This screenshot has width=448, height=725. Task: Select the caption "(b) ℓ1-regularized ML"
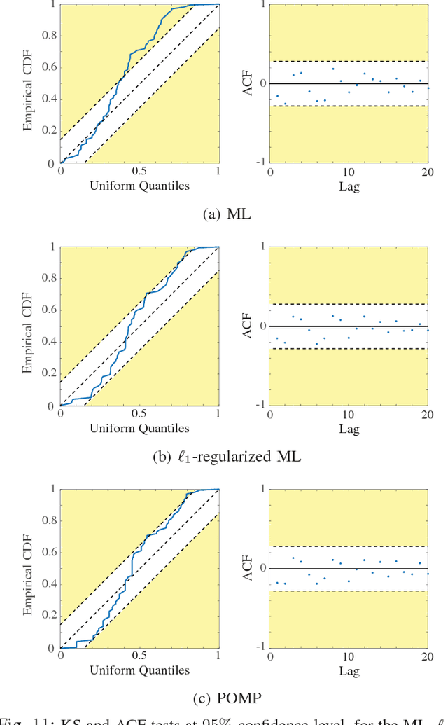[x=227, y=457]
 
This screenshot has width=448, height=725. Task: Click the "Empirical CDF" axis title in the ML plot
[x=27, y=84]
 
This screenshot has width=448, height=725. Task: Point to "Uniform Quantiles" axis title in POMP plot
[x=139, y=670]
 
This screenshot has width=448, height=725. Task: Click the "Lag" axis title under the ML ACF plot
[x=349, y=186]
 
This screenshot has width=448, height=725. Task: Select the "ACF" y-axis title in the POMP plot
[x=247, y=568]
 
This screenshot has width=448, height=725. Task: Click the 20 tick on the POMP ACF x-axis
[x=426, y=656]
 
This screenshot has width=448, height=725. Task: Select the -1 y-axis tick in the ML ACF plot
[x=260, y=163]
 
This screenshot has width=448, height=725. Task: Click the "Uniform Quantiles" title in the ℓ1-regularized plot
[x=139, y=428]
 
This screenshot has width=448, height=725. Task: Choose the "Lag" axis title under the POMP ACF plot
[x=349, y=670]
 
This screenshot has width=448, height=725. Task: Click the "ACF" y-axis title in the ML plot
[x=247, y=83]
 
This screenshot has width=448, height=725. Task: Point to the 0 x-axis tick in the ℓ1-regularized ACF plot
[x=271, y=414]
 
